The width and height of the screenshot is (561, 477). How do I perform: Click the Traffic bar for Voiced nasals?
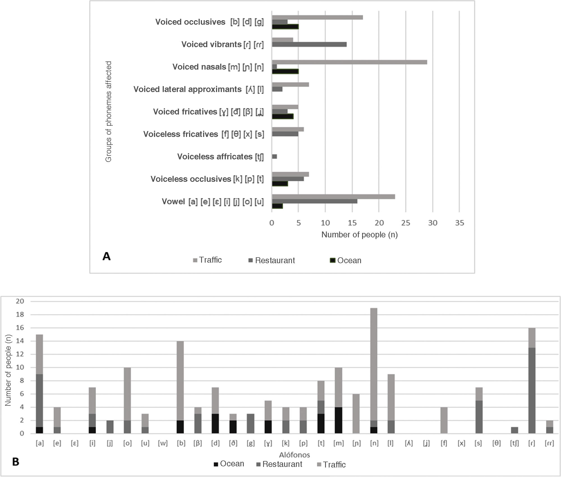(349, 62)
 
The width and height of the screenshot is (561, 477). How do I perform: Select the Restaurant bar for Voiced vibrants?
(309, 44)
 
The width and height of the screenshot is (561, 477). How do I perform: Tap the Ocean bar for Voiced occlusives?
(285, 27)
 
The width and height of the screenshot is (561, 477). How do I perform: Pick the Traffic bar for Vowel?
(333, 197)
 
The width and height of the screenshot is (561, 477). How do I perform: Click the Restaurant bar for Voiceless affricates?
(274, 157)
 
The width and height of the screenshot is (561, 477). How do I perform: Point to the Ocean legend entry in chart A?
(346, 260)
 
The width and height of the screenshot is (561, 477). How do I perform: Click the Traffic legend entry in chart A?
(208, 260)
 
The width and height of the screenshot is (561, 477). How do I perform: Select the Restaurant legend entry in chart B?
(279, 464)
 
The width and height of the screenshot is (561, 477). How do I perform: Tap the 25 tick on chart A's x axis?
(406, 223)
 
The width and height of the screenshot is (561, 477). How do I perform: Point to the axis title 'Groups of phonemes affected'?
(109, 112)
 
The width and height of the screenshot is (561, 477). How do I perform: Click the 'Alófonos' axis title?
(294, 455)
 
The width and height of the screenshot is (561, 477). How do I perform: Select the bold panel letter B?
(16, 462)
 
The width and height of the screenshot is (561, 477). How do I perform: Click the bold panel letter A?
(107, 256)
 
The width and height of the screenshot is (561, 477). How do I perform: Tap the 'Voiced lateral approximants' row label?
(187, 89)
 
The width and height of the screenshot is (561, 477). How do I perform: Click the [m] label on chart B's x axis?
(339, 443)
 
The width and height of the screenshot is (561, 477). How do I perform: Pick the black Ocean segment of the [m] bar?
(339, 420)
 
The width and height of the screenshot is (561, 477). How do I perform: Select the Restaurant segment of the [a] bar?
(40, 400)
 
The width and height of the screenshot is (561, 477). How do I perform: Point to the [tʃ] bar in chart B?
(514, 430)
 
